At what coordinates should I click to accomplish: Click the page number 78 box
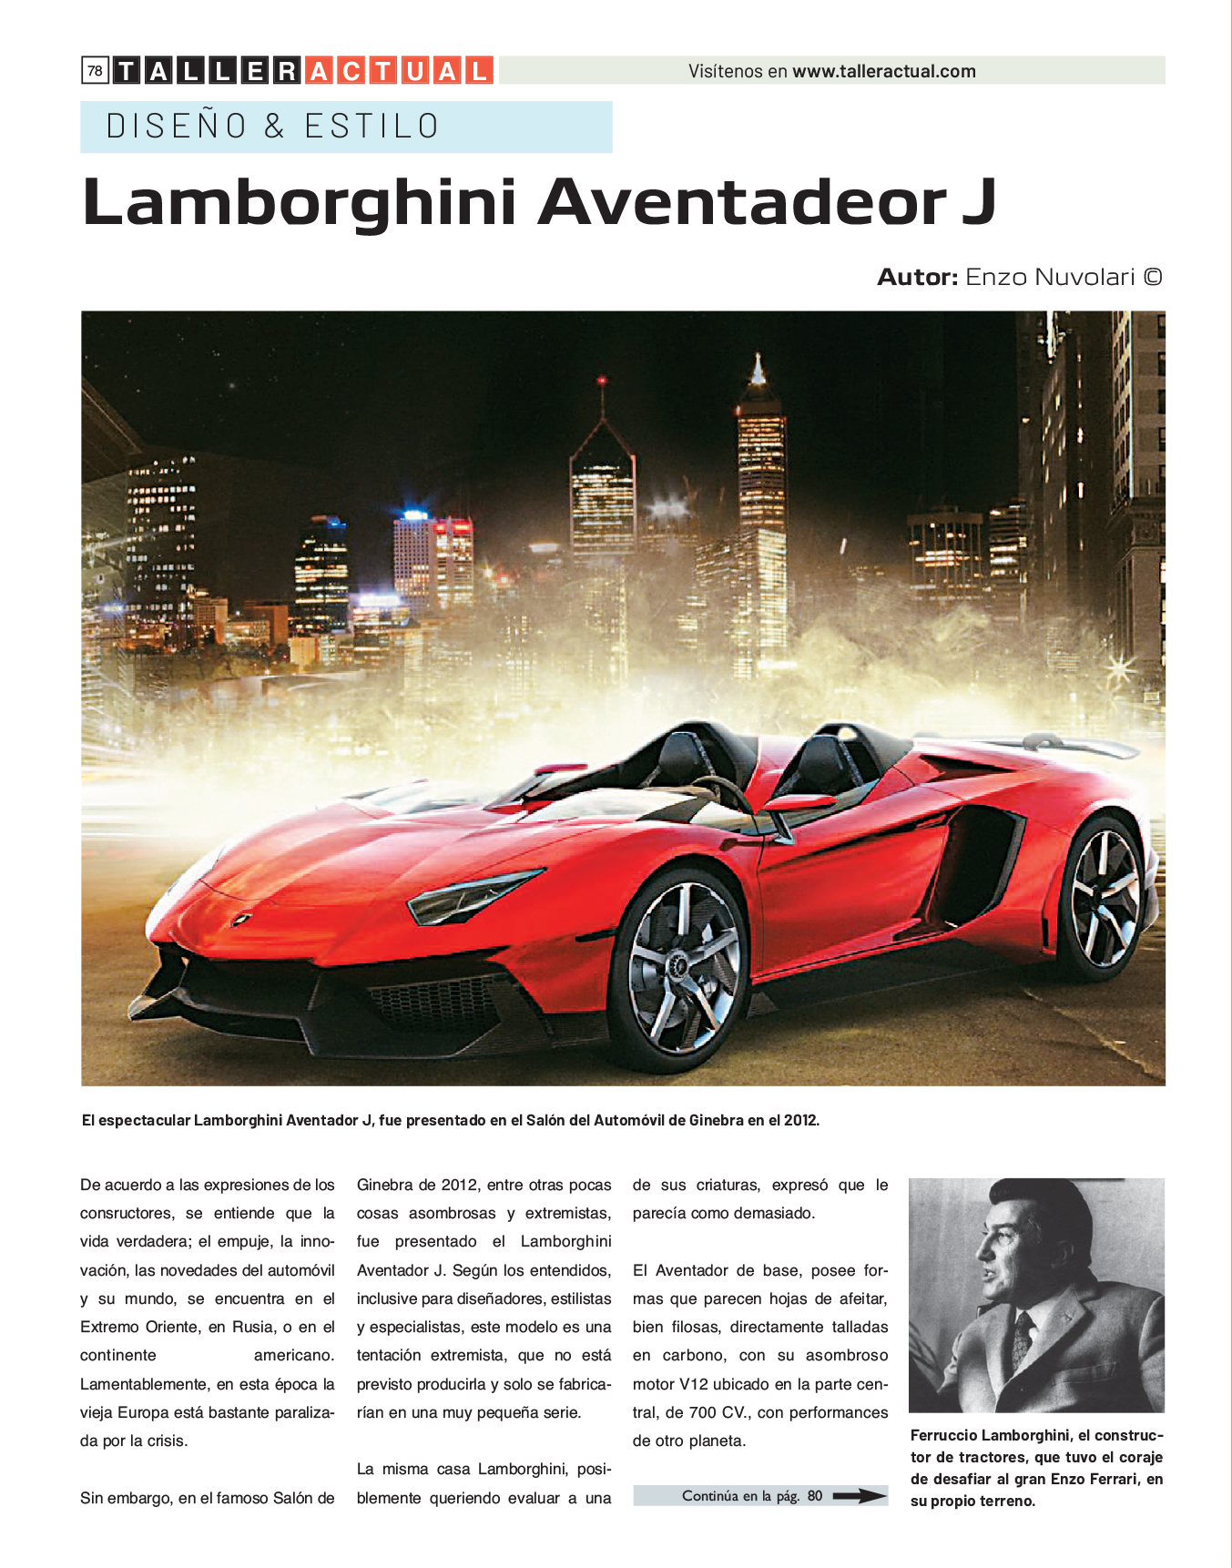point(95,71)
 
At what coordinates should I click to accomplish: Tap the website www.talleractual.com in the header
point(883,71)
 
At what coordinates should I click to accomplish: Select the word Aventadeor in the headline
point(742,202)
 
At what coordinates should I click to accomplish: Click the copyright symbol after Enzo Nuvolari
point(1153,277)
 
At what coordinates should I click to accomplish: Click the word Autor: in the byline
point(917,277)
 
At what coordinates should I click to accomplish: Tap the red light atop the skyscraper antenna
point(601,379)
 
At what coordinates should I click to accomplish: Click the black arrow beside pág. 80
point(859,1495)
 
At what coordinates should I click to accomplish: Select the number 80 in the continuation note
point(814,1495)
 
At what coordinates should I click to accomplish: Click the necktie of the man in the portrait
point(1023,1339)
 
